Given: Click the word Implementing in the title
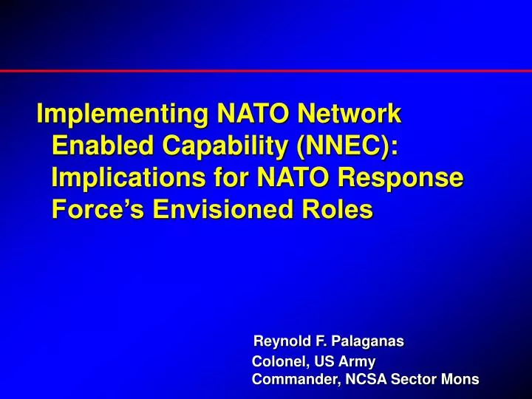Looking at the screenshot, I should [x=122, y=115].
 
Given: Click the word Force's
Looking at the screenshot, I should [x=98, y=210].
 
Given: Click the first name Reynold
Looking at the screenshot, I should [x=279, y=342].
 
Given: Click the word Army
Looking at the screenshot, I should [x=358, y=362].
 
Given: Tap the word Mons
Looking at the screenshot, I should [x=460, y=380].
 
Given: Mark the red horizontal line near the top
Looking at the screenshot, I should [x=266, y=71].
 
